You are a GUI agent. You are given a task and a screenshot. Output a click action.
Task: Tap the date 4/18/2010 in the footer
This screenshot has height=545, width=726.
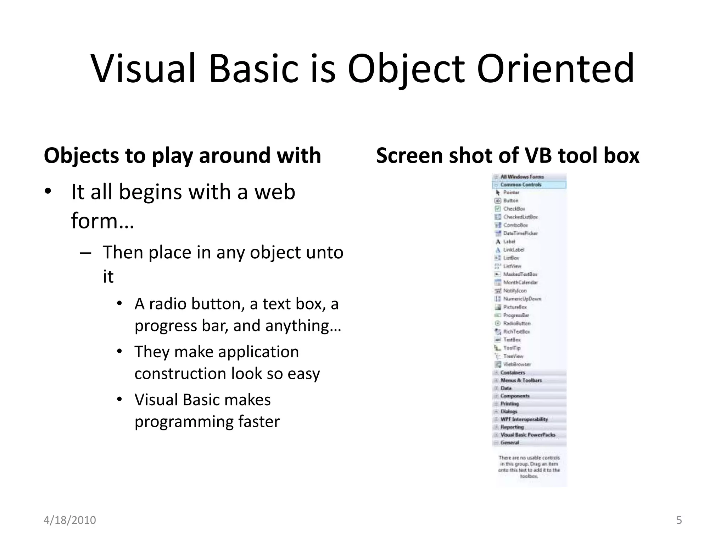point(70,520)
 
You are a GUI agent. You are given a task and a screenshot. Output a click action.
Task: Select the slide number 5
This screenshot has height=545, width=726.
point(679,520)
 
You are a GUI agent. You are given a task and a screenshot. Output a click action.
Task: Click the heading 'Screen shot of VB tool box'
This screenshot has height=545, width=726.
point(508,155)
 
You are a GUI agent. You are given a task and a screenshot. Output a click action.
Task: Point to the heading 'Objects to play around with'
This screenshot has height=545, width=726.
point(182,155)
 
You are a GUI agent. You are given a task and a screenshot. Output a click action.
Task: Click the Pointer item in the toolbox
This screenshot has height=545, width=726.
point(511,192)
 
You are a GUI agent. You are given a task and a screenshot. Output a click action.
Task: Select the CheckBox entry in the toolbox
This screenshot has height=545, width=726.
point(514,209)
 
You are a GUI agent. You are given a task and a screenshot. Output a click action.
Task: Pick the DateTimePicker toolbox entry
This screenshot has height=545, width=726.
point(520,233)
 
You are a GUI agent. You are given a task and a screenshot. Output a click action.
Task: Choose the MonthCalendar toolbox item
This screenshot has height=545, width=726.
point(520,282)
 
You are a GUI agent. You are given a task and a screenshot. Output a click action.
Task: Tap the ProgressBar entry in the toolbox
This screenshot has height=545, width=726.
point(516,315)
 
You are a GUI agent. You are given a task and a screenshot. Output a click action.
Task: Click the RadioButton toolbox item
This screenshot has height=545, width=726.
point(516,323)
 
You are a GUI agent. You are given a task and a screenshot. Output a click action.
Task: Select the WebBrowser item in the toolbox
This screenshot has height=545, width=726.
point(517,364)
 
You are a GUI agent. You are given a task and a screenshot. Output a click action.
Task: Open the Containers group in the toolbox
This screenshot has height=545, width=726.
point(513,373)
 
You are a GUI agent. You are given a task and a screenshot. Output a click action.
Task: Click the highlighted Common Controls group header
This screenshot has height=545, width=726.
point(521,185)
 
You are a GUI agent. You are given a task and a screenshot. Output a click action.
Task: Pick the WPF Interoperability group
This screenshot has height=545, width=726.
point(524,419)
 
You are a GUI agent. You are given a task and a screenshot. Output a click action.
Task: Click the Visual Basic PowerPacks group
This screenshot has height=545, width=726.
point(528,435)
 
